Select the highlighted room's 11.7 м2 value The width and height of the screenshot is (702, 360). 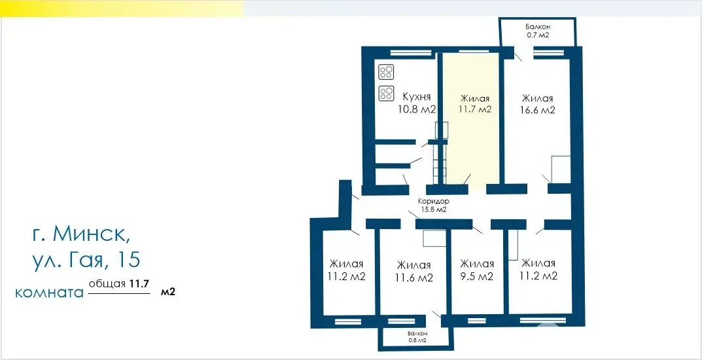click(x=475, y=110)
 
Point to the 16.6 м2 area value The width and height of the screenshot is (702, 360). click(x=538, y=110)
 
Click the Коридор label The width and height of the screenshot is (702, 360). click(x=432, y=202)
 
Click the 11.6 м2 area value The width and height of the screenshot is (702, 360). click(x=414, y=278)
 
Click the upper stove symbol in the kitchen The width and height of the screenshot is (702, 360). click(x=386, y=72)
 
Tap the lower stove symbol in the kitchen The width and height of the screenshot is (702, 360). click(x=386, y=94)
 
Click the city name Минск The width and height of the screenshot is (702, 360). click(x=95, y=233)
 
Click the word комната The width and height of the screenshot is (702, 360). click(x=49, y=293)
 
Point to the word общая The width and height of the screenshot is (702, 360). click(x=107, y=285)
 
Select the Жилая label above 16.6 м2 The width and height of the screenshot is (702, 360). click(x=538, y=98)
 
